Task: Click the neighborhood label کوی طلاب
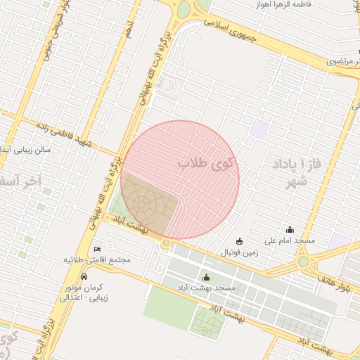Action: pos(208,164)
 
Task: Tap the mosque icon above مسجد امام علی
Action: pos(290,229)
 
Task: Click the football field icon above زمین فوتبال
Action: pos(239,241)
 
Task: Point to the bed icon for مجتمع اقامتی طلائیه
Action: pos(98,249)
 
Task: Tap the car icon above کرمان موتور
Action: pos(84,276)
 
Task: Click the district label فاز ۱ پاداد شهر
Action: pos(294,174)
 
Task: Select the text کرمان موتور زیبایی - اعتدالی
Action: pos(83,292)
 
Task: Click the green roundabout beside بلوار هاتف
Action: pos(303,262)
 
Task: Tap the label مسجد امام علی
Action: pos(290,240)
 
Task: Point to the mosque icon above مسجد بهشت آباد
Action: pos(206,277)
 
